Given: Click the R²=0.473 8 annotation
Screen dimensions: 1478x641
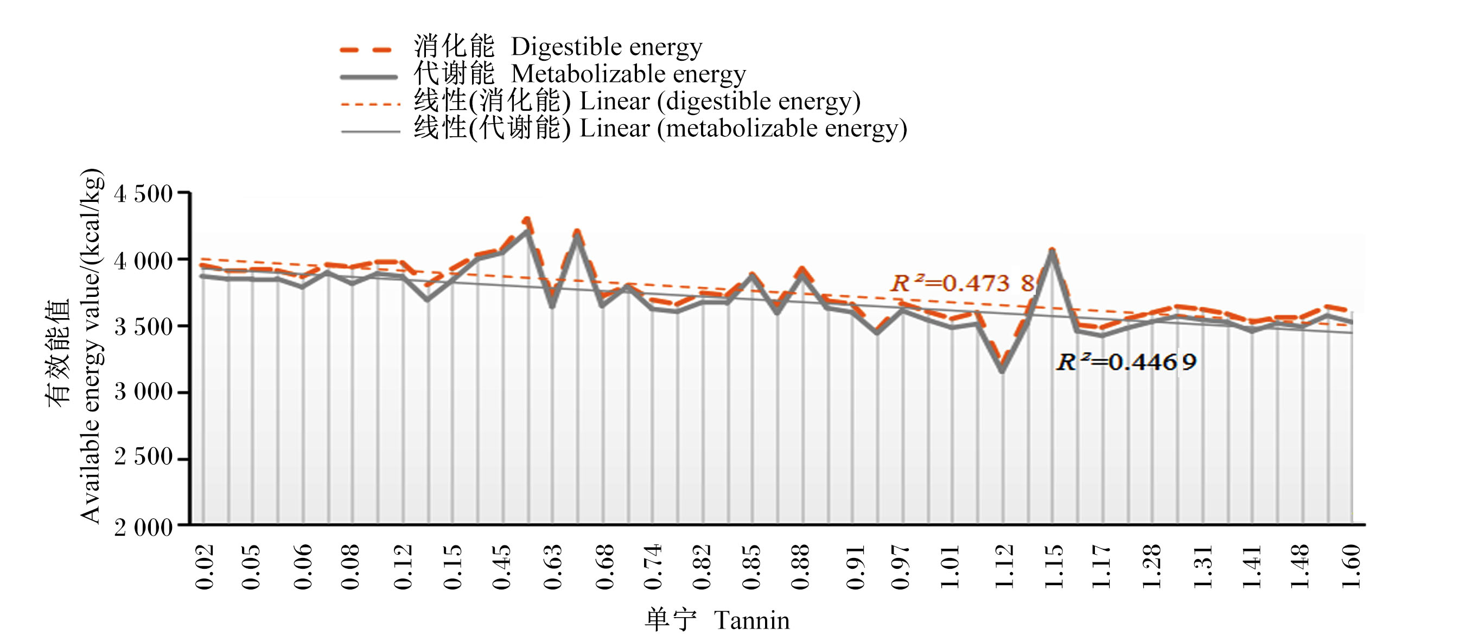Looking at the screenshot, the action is coord(962,283).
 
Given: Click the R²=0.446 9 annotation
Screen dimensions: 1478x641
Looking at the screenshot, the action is coord(1126,361).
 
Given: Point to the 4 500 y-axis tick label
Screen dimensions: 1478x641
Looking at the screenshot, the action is coord(143,193).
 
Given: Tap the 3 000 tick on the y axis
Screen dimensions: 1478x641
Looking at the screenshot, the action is coord(143,392).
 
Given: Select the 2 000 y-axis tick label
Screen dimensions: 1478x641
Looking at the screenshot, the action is coord(143,527).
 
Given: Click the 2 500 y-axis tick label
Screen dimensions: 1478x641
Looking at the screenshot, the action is coord(143,457).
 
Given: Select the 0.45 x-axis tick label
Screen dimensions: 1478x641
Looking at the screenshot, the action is coord(501,567).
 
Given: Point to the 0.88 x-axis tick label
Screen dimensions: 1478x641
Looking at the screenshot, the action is coord(800,567).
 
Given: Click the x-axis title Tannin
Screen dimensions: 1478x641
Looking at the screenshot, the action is coord(751,620).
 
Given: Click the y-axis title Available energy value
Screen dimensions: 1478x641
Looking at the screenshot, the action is coord(91,346).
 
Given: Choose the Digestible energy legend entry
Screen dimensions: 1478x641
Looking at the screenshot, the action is coord(607,47).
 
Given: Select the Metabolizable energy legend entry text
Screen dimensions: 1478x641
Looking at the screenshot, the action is coord(628,74).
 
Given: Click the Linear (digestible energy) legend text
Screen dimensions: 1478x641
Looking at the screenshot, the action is coord(720,101).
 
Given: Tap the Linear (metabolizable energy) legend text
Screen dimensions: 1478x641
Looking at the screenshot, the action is coord(743,128).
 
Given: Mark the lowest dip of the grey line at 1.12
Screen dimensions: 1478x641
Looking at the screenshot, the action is coord(1002,371).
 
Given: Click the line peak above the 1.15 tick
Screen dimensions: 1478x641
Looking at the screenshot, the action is coord(1052,251).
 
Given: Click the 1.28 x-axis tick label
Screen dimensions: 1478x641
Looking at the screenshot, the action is coord(1151,567).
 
